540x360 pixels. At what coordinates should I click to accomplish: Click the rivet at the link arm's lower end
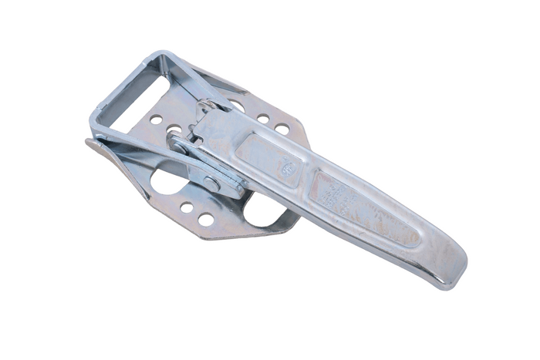[x=211, y=183]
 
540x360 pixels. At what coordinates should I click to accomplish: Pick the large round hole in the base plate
[x=167, y=180]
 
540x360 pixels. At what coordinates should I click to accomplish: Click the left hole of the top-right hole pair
[x=263, y=119]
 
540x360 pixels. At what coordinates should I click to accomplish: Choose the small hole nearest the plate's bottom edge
[x=206, y=220]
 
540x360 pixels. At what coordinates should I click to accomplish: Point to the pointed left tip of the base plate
[x=88, y=143]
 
